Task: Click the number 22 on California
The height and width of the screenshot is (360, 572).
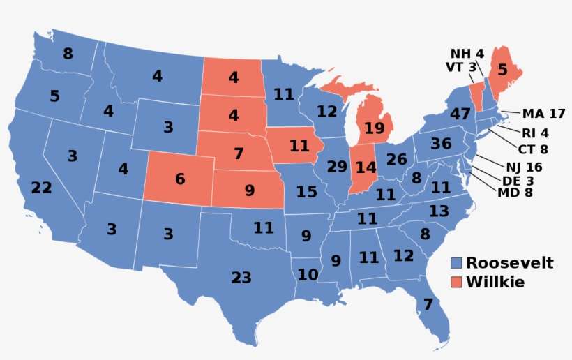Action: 42,188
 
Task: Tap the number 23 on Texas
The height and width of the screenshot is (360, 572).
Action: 241,278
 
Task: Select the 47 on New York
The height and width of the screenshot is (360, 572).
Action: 460,114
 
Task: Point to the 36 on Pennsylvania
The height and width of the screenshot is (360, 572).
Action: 441,144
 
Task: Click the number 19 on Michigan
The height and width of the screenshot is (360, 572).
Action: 374,128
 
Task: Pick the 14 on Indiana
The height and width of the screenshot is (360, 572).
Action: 366,167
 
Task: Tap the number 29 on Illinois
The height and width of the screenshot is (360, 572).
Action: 337,167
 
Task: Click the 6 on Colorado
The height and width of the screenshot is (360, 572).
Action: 180,179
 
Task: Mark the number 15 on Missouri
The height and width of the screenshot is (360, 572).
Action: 307,191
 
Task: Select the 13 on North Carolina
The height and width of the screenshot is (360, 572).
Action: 439,211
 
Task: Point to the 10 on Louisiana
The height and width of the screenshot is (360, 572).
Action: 308,275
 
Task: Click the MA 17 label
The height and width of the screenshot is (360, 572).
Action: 543,113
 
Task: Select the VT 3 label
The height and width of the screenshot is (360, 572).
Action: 460,67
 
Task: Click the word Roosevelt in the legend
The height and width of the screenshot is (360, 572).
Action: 510,263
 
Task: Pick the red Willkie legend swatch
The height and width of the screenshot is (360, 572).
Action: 456,283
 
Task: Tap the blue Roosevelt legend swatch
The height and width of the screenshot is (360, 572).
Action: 456,263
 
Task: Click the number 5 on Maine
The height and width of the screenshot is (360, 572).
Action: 502,70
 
